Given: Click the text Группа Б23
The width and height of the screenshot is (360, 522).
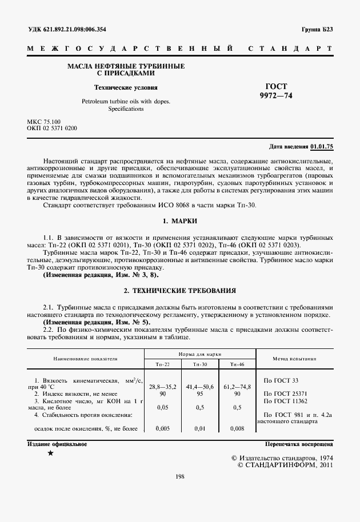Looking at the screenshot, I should point(317,29).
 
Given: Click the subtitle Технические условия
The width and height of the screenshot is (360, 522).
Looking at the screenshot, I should point(126,87).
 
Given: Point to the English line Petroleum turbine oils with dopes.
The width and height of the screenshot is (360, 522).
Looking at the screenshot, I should point(126,101).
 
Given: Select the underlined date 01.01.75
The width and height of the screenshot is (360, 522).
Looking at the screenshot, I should point(322,147).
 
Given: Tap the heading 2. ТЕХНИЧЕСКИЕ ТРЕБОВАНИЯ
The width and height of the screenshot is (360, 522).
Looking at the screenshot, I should point(180,291).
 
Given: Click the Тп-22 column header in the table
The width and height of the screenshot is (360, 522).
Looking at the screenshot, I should point(162,364).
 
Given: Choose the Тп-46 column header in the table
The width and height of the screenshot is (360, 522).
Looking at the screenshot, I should point(237,364).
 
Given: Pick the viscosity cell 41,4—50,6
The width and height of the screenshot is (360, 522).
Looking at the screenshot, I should point(199,387).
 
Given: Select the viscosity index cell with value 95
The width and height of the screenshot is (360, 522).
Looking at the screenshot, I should point(199,393).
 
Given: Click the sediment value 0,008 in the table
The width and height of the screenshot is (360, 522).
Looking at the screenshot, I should point(237,428).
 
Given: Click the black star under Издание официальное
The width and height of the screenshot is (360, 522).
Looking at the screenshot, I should point(51,453).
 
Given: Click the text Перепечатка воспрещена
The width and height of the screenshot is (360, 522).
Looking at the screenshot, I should point(299,444).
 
